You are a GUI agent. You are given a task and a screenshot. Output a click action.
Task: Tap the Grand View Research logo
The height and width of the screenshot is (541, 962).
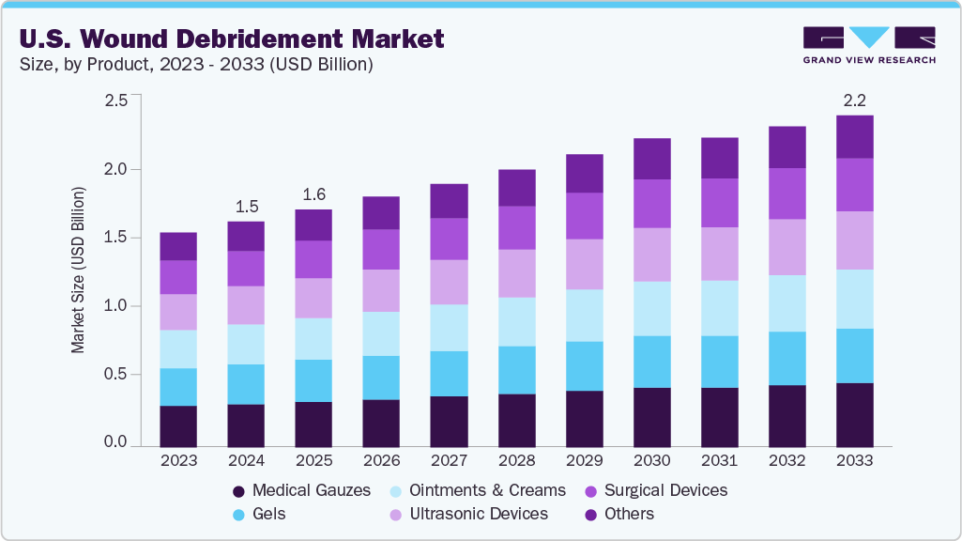point(869,45)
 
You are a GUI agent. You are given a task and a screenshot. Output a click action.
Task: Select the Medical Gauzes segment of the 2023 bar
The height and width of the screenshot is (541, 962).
point(178,425)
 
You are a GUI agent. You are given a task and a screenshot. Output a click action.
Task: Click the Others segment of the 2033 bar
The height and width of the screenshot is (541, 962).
point(855,137)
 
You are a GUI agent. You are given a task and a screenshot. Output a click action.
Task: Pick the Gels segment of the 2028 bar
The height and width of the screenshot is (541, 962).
point(516,370)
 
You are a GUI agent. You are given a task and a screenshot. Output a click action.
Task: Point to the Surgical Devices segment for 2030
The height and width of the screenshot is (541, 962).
point(651,204)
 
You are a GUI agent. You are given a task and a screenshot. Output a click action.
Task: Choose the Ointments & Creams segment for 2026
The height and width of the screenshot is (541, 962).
point(381,333)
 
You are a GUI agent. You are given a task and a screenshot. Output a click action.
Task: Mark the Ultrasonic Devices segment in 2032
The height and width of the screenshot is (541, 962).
point(787,247)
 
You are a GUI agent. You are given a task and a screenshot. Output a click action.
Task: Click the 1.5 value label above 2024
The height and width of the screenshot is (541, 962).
point(247,207)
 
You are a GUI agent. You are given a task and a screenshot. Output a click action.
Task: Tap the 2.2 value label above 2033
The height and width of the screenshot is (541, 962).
point(855,100)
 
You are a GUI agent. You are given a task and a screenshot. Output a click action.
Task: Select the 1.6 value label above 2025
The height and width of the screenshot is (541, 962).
point(313,194)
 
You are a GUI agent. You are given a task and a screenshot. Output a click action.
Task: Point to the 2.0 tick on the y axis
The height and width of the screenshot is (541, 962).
point(115,169)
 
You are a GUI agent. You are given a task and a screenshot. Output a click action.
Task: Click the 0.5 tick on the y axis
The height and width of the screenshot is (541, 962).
point(115,375)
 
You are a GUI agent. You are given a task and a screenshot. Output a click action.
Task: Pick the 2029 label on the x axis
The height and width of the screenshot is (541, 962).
point(584,461)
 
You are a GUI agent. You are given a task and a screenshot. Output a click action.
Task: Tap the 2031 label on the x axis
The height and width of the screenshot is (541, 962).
point(720,461)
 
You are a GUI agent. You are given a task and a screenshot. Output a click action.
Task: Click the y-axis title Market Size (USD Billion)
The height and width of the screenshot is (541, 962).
point(79,270)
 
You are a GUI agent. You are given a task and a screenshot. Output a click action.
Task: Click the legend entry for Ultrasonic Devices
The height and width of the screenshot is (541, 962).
point(469,514)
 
